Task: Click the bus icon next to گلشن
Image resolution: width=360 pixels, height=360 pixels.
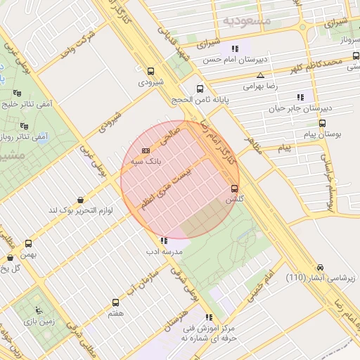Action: [234, 188]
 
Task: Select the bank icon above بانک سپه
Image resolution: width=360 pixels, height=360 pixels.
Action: [146, 151]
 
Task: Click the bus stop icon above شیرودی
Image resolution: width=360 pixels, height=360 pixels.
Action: [150, 70]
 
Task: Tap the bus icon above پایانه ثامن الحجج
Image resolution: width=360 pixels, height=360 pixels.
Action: [200, 89]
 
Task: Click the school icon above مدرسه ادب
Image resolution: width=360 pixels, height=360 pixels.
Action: [164, 240]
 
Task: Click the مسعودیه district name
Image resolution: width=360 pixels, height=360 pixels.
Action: [247, 20]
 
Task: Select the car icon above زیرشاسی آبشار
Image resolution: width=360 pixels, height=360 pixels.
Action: [321, 267]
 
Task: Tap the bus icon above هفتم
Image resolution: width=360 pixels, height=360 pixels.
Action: [115, 302]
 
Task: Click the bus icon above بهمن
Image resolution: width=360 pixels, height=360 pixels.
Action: [29, 243]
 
